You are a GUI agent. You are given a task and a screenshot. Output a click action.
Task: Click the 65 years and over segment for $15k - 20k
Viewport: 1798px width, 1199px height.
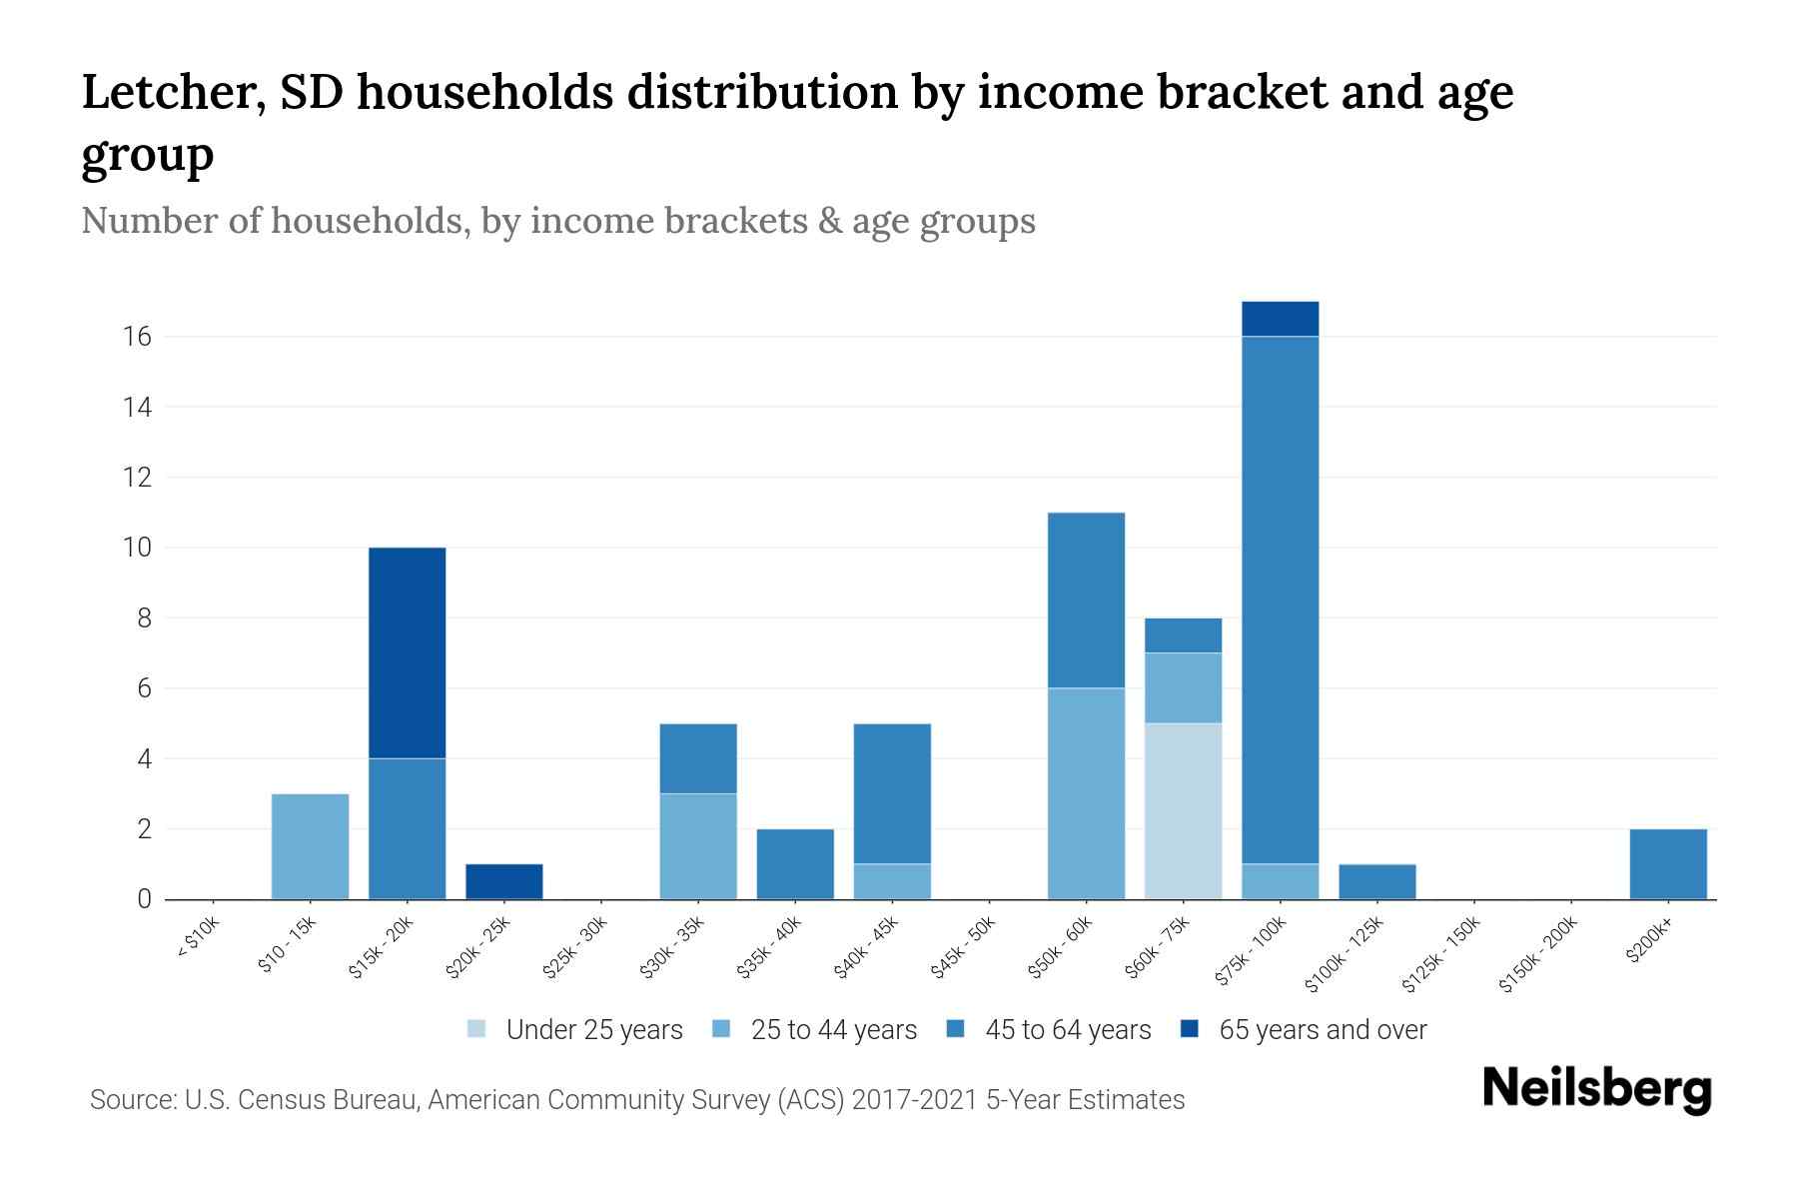tap(407, 652)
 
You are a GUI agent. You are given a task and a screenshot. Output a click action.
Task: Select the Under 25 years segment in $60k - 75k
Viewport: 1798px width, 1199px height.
tap(1183, 810)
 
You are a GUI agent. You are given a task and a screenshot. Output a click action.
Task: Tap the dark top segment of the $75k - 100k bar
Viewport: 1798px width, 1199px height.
tap(1280, 319)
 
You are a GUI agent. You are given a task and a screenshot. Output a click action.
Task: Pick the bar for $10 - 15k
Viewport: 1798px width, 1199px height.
tap(310, 846)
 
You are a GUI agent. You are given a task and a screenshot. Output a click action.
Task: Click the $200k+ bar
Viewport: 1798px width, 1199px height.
tap(1667, 863)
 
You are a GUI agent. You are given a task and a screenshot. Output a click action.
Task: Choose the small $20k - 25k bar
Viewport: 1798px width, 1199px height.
tap(503, 881)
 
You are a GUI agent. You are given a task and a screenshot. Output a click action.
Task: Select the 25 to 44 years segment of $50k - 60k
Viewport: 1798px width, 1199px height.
tap(1086, 793)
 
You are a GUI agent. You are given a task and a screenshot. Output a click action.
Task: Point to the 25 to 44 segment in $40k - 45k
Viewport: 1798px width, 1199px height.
tap(892, 881)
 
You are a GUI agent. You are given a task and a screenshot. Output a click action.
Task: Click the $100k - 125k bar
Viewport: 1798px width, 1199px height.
tap(1376, 881)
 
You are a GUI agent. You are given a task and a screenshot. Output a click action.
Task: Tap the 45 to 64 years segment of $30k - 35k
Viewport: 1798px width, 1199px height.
tap(698, 758)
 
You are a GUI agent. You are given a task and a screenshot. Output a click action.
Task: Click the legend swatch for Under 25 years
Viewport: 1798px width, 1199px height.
tap(477, 1029)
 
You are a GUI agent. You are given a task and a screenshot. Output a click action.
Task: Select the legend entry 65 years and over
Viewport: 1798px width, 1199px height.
tap(1322, 1030)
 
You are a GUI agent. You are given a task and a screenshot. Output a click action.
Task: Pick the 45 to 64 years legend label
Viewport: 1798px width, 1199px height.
tap(1067, 1030)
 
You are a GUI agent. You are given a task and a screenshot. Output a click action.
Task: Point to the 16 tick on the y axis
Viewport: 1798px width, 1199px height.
tap(138, 337)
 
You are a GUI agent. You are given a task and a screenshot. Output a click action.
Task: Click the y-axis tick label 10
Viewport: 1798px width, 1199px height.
tap(138, 548)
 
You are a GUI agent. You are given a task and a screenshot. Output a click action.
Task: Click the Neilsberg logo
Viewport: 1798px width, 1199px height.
tap(1596, 1088)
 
